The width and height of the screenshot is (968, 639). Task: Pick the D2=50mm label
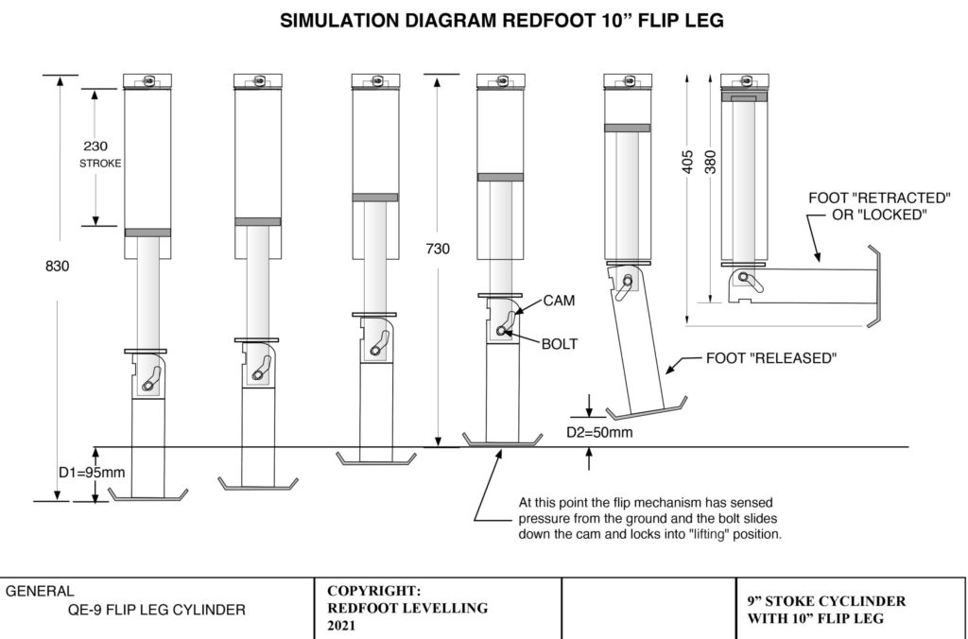point(600,433)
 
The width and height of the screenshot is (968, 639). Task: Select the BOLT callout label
point(561,345)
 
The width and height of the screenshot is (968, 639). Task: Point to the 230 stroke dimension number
point(96,147)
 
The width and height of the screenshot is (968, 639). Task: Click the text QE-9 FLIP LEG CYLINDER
point(151,610)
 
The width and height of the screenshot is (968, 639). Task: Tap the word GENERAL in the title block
point(41,591)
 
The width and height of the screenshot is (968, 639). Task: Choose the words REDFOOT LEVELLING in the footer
point(407,608)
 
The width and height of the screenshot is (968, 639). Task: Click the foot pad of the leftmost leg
point(148,495)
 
